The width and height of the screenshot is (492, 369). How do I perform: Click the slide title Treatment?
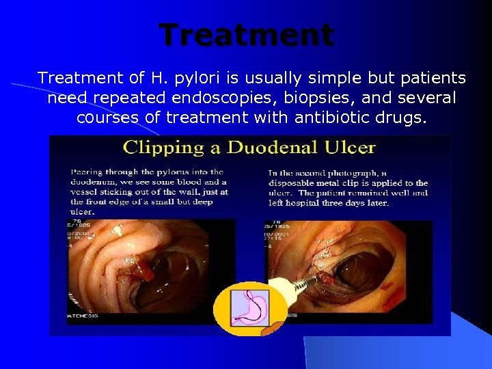[247, 35]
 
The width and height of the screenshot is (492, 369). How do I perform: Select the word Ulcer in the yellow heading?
[351, 147]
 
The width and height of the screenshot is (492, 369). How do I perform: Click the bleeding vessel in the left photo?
[144, 273]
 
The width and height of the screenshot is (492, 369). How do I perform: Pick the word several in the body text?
[428, 98]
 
